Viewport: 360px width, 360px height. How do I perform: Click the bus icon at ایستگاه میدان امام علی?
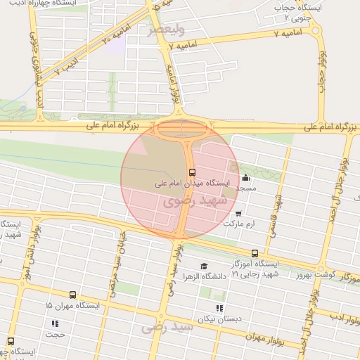(x=191, y=172)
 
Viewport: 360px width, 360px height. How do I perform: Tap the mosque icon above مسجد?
(x=245, y=179)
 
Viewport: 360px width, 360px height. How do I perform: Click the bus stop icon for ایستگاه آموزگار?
(x=255, y=254)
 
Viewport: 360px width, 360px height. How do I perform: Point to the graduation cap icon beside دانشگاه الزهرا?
(x=204, y=266)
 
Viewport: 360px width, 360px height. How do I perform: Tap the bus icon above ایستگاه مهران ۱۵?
(x=72, y=295)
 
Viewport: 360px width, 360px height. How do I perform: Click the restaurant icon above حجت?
(x=54, y=324)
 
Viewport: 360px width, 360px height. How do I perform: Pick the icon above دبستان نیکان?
(x=219, y=308)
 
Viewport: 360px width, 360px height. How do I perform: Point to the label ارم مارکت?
(x=239, y=224)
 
